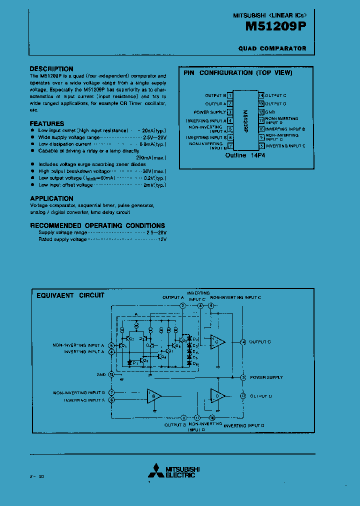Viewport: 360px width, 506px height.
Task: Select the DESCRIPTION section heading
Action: point(51,68)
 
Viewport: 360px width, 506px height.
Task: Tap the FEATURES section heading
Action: point(47,123)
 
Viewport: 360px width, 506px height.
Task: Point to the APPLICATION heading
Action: point(51,198)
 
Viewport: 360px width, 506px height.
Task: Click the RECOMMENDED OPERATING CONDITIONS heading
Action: point(97,225)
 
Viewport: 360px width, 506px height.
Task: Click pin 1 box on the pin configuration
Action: point(230,95)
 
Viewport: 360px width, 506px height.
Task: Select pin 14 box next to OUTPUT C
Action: point(261,95)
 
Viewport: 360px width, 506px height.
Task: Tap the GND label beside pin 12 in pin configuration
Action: point(270,112)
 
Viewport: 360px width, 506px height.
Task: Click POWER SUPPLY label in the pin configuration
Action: point(209,112)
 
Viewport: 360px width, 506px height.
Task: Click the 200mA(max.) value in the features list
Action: point(151,157)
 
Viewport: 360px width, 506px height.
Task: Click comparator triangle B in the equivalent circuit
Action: point(153,396)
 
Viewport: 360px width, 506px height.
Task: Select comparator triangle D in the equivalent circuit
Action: point(217,396)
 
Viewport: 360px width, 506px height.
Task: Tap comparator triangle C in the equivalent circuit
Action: point(217,342)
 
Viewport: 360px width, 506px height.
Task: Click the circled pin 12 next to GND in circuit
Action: point(111,374)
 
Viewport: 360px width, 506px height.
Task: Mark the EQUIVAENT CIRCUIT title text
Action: point(70,295)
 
